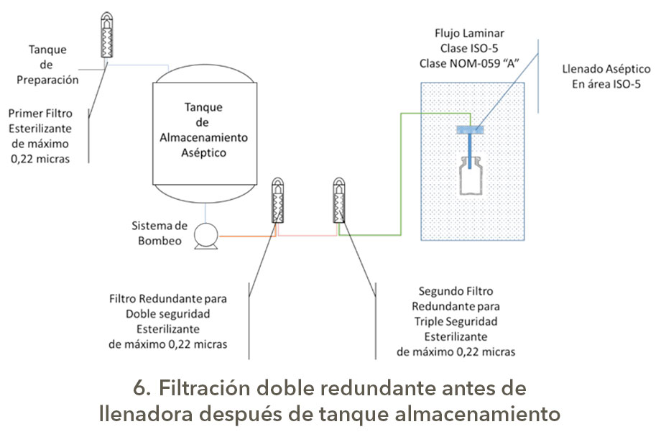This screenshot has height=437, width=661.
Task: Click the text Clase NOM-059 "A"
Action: [x=469, y=64]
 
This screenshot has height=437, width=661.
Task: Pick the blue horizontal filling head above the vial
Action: [x=471, y=130]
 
